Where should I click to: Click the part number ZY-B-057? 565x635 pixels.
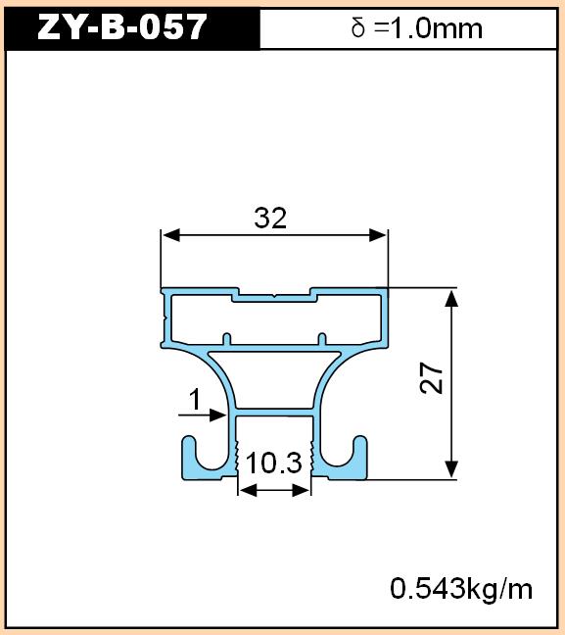pos(121,27)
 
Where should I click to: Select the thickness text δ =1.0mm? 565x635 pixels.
pos(417,28)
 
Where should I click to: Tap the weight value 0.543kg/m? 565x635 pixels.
pos(461,588)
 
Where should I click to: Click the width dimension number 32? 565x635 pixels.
pos(270,218)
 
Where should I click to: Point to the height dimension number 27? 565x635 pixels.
pos(432,378)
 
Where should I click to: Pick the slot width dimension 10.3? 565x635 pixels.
pos(273,463)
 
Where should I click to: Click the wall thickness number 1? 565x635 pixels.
pos(195,399)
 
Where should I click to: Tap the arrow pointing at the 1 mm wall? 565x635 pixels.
pos(203,415)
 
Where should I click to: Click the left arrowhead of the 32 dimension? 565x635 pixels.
pos(170,235)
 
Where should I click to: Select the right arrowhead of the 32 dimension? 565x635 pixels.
pos(378,235)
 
